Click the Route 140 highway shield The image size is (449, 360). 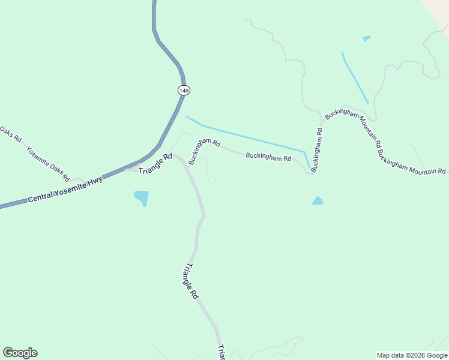coord(184,90)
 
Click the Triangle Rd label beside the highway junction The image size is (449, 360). coord(155,164)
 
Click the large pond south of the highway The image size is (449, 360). coord(142,197)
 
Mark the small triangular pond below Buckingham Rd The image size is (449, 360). coord(317,201)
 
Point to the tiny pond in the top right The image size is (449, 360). coord(366,39)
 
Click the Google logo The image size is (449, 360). coord(20,353)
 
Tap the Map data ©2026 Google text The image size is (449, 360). coord(412,355)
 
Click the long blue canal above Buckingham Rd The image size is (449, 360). coord(252,137)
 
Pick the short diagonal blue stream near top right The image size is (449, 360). coord(355,78)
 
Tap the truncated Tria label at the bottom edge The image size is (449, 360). coord(221,352)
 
